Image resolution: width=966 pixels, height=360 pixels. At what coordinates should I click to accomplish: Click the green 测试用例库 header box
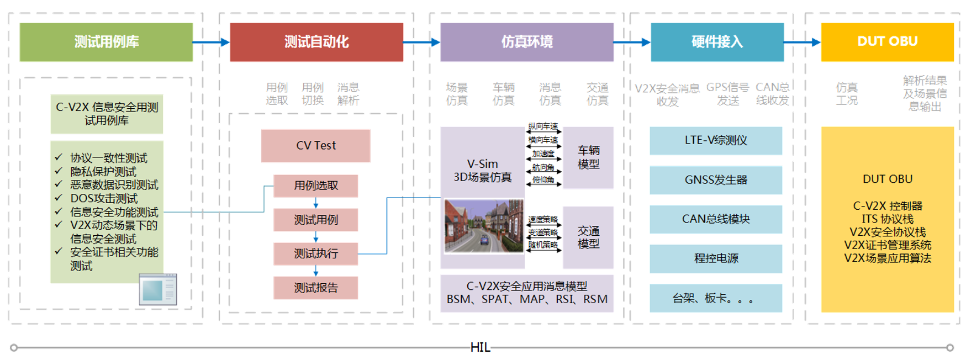[106, 42]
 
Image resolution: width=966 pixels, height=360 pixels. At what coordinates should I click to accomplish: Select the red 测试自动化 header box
[316, 42]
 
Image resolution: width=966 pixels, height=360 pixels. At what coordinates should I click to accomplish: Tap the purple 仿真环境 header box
[527, 42]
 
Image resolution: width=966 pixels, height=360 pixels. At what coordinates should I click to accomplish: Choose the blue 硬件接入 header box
[717, 42]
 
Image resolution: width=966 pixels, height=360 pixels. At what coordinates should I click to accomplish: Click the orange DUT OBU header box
[887, 42]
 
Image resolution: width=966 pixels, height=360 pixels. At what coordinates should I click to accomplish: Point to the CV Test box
[315, 146]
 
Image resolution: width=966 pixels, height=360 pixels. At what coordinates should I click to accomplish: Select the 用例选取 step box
[315, 186]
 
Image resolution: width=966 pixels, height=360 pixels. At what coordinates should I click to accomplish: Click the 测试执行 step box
[315, 253]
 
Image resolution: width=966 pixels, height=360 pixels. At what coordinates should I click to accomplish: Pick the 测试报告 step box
[315, 288]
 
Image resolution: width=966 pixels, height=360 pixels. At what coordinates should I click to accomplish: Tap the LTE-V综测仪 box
[716, 140]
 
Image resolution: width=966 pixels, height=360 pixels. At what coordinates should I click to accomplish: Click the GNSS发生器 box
[716, 180]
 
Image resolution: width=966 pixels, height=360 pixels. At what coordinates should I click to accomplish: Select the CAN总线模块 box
[716, 219]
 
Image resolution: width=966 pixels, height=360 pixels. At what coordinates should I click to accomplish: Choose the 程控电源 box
[716, 258]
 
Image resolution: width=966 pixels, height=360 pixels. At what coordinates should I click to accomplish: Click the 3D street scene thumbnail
[484, 226]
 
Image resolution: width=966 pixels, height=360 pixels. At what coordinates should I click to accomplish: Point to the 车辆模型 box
[588, 157]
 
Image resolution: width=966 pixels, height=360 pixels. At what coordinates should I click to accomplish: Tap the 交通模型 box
[588, 237]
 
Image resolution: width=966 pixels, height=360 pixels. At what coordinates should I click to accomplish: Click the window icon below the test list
[158, 289]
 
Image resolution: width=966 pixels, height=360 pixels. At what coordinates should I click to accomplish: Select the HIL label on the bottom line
[480, 347]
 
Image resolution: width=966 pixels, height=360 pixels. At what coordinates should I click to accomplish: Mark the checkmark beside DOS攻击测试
[59, 198]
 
